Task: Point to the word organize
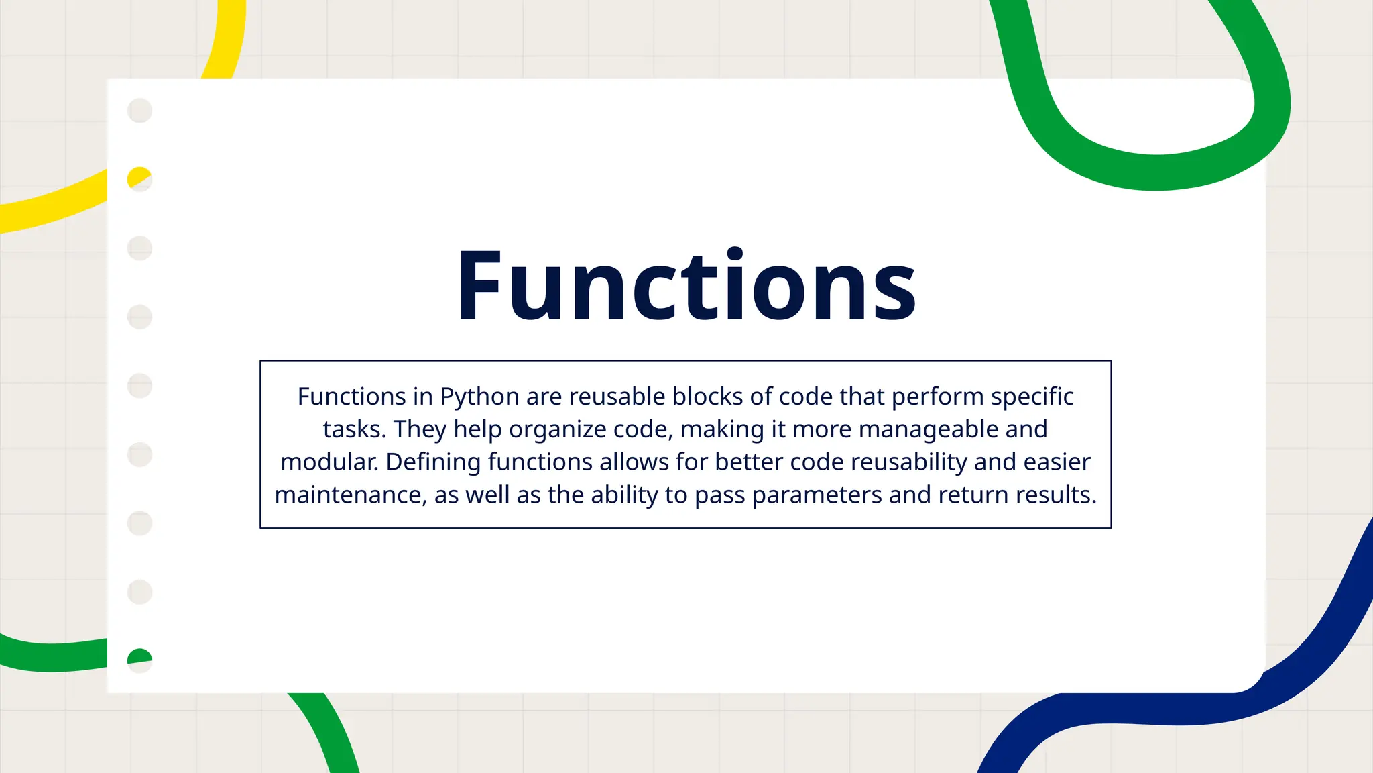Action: (x=558, y=429)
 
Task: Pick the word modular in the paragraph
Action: (x=329, y=462)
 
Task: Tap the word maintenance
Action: (x=349, y=495)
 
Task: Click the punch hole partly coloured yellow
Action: (x=139, y=179)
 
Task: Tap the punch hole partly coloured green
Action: (x=139, y=660)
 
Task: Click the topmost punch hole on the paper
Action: (x=139, y=111)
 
